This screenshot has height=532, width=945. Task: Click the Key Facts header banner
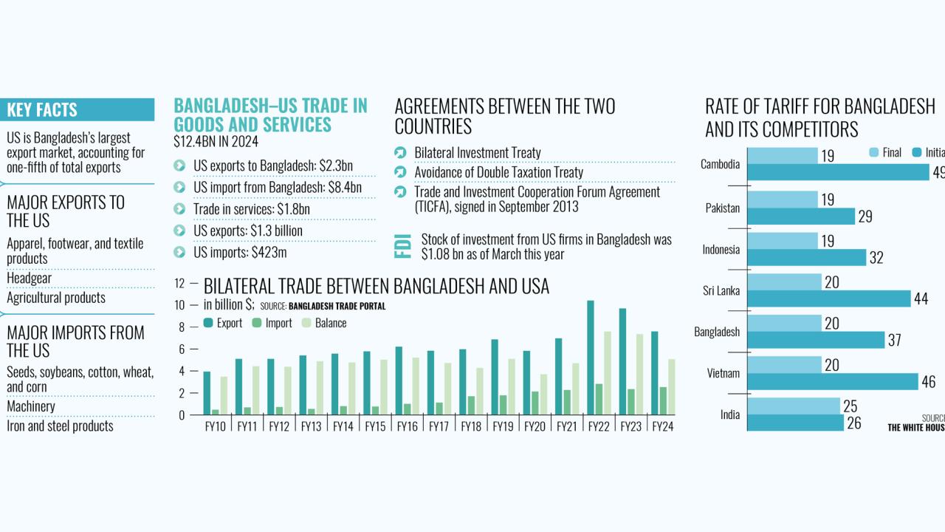tap(78, 110)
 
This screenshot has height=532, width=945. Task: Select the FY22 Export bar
tap(591, 358)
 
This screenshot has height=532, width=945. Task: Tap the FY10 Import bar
tap(215, 412)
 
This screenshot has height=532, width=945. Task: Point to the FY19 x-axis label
tap(502, 426)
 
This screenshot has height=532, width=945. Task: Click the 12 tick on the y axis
tap(179, 283)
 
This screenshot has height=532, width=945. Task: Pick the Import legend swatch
tap(257, 323)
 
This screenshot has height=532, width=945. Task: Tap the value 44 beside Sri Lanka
tap(921, 299)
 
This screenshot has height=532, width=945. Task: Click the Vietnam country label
tap(723, 373)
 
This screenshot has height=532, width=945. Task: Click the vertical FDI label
tap(403, 246)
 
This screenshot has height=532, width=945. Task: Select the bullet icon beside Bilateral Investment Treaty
tap(400, 153)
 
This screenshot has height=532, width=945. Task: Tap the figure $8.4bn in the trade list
tap(345, 188)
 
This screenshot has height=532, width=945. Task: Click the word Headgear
tap(29, 278)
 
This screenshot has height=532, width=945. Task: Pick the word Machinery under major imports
tap(31, 406)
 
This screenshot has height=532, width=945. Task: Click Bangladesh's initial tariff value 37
tap(894, 341)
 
